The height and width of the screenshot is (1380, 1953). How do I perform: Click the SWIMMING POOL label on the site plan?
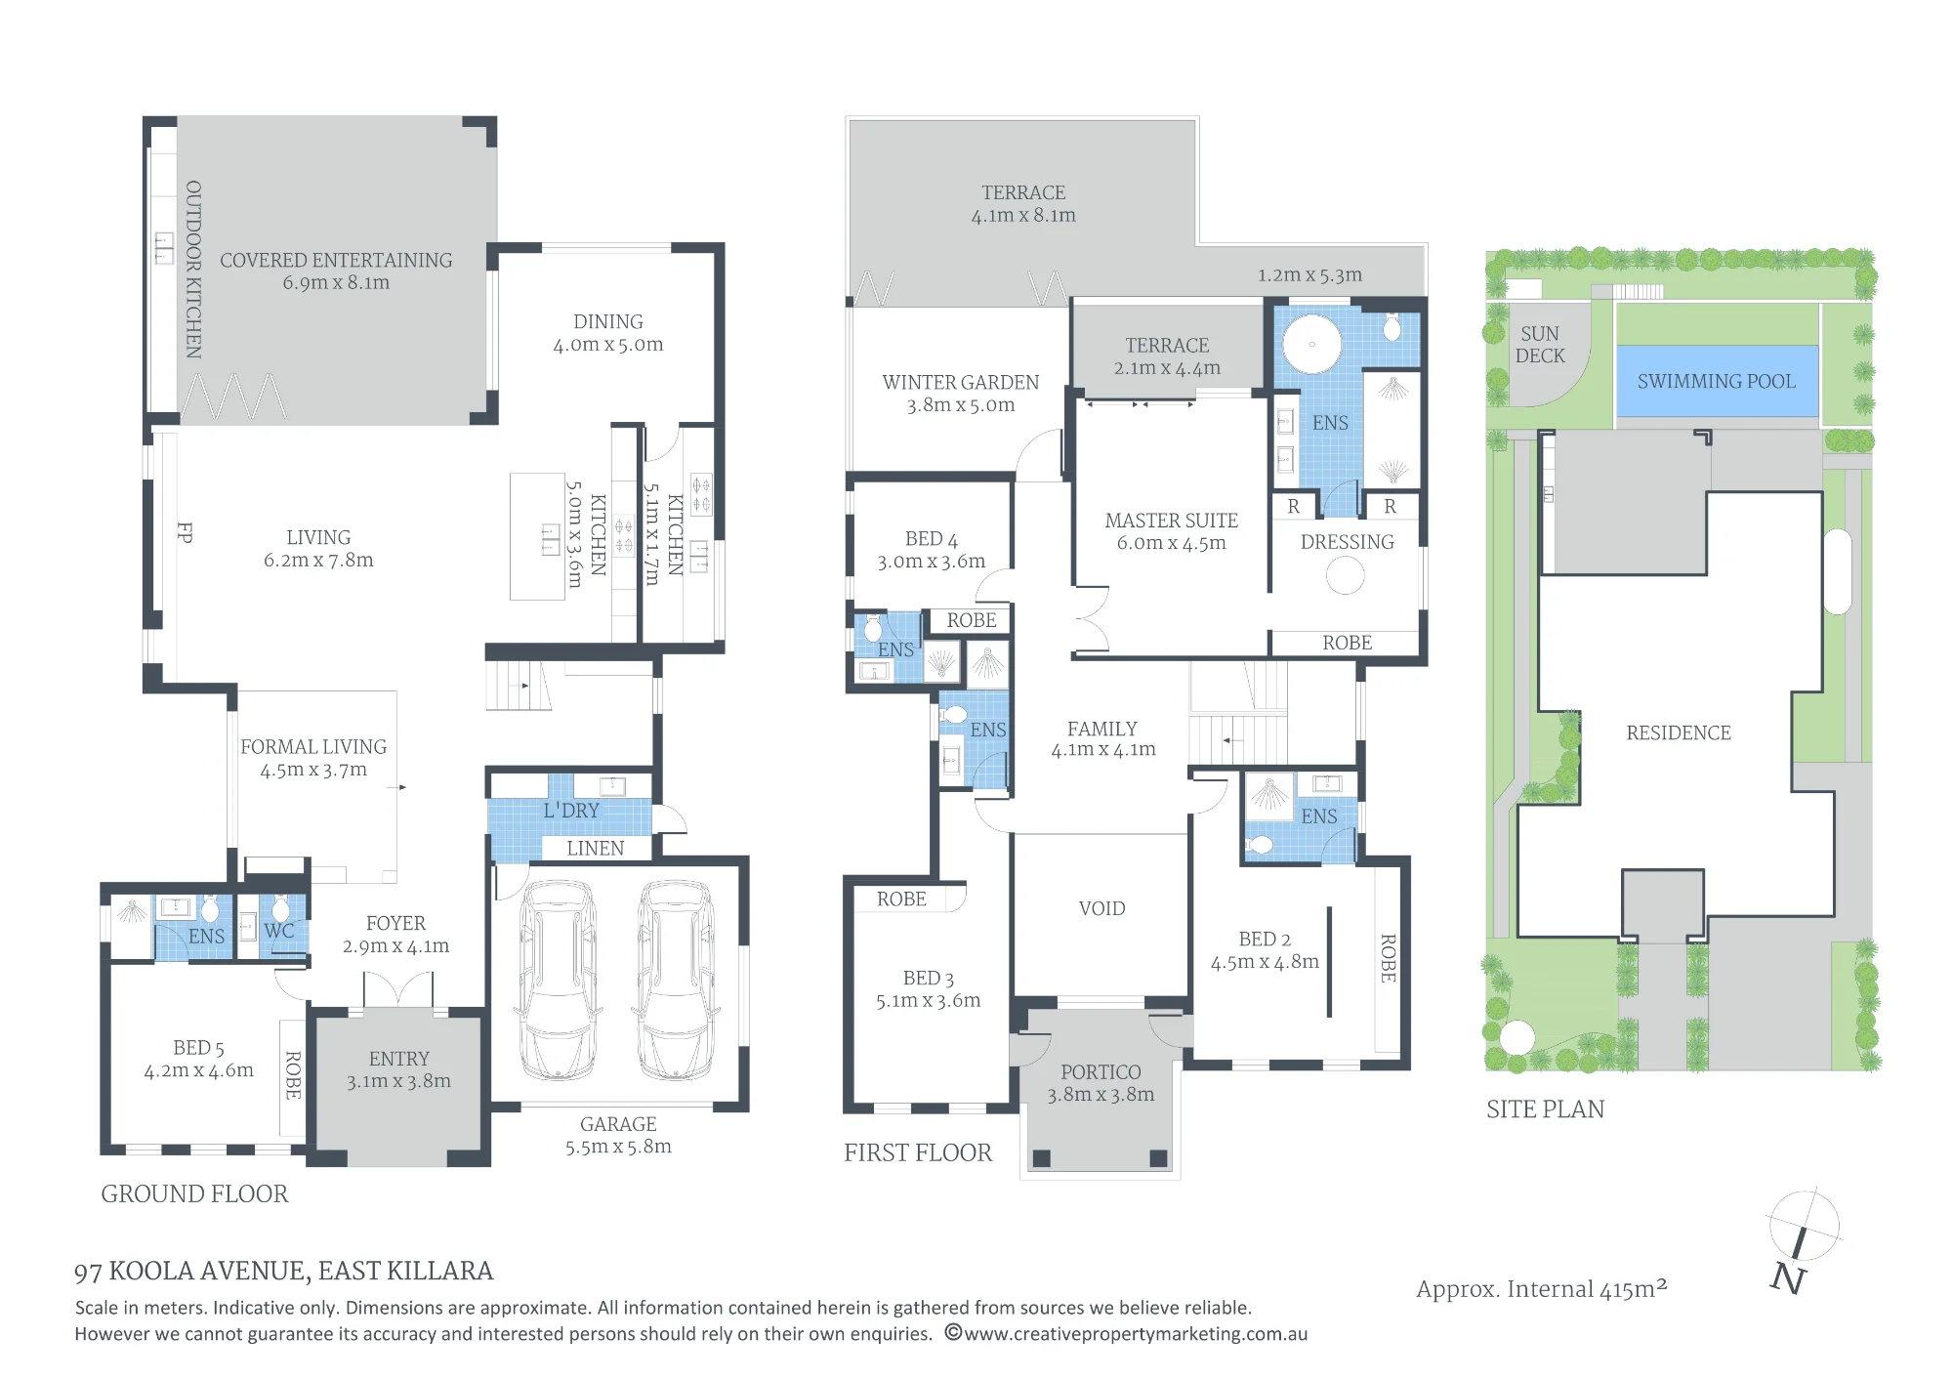pos(1716,381)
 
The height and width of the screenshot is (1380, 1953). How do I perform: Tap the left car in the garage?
pos(559,981)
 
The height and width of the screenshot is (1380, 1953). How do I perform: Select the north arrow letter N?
pos(1788,1277)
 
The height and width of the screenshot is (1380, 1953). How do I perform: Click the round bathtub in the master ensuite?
pos(1311,344)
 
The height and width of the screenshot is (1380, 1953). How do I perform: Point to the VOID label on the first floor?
pos(1101,908)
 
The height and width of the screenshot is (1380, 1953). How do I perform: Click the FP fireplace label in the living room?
pos(185,532)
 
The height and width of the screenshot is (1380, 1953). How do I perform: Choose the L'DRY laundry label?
pos(571,810)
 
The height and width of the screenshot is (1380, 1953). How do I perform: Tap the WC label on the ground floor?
pos(278,931)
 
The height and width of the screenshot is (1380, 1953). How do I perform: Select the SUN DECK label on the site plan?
pos(1540,345)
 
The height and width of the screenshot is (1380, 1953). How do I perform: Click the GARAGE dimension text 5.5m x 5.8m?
pos(618,1147)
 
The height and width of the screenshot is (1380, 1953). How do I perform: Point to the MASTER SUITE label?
pos(1171,521)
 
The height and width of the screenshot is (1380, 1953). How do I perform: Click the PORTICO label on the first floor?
pos(1101,1072)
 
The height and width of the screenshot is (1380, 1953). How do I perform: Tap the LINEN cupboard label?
pos(595,849)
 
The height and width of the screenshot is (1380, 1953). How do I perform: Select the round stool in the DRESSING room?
pos(1345,575)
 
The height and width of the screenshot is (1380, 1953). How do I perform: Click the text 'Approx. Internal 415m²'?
pos(1542,1289)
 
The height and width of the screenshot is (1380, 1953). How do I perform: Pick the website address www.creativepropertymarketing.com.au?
pos(1136,1334)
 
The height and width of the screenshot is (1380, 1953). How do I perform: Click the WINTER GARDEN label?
pos(961,382)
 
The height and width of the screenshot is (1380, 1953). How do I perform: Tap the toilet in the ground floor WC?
pos(281,907)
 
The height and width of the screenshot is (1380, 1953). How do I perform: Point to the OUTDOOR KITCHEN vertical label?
pos(193,269)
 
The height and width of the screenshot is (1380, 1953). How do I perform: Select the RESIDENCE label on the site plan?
pos(1679,732)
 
